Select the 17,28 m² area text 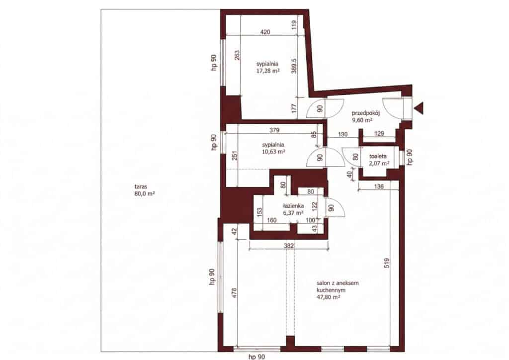click(x=267, y=71)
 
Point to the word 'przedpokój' click(x=366, y=113)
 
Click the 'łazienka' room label click(x=293, y=206)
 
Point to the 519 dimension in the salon click(x=387, y=263)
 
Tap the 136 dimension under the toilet click(x=379, y=187)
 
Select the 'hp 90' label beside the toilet click(x=410, y=157)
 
